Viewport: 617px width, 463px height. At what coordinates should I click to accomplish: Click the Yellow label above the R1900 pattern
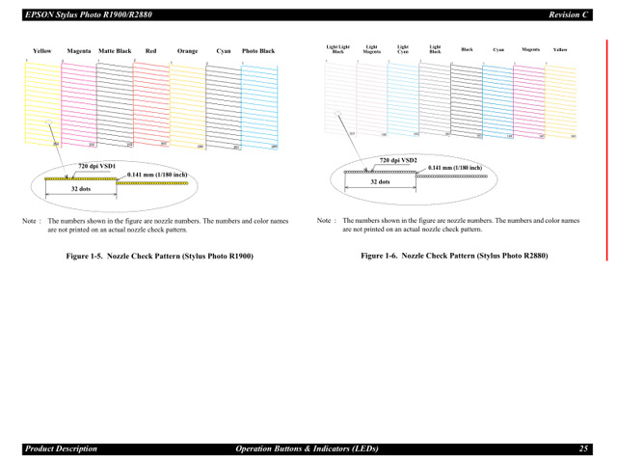[41, 51]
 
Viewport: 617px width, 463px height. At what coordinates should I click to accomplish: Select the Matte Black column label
[115, 51]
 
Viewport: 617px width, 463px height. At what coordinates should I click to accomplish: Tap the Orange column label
[187, 51]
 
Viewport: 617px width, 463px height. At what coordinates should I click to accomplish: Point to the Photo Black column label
[258, 51]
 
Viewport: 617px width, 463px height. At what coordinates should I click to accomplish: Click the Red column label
[151, 51]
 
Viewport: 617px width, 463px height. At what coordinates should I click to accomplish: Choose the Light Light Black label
[337, 48]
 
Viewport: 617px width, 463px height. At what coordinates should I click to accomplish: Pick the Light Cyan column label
[403, 48]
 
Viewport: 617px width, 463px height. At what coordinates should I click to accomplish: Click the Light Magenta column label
[371, 48]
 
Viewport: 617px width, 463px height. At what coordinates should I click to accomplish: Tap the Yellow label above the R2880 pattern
[560, 48]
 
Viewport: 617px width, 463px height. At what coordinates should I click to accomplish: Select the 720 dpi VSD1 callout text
[96, 166]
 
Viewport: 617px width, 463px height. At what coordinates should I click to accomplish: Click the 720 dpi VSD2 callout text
[398, 159]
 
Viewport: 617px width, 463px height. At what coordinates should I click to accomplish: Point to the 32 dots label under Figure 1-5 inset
[81, 189]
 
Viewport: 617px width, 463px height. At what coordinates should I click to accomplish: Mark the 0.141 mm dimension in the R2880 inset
[455, 168]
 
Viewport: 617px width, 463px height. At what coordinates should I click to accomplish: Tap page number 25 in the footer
[584, 449]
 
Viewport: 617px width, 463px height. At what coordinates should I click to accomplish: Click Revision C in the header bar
[569, 14]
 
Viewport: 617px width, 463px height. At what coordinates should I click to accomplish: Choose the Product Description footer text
[61, 449]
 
